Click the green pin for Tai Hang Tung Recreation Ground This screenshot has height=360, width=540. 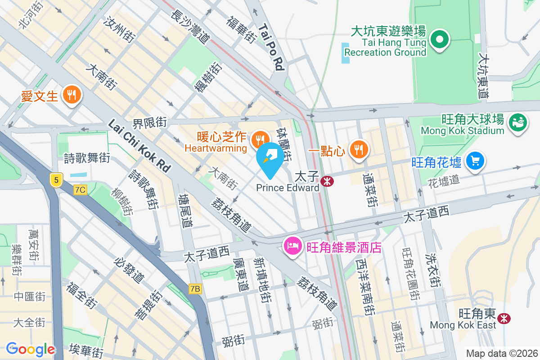click(x=440, y=40)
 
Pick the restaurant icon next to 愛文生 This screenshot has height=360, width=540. click(x=71, y=94)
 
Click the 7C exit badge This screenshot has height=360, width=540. click(x=81, y=190)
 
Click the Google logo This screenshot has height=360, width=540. click(x=30, y=349)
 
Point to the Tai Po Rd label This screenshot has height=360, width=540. click(x=272, y=47)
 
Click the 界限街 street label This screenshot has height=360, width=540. click(x=149, y=122)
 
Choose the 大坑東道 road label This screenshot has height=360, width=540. click(x=484, y=77)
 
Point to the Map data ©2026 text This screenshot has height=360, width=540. click(x=502, y=354)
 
